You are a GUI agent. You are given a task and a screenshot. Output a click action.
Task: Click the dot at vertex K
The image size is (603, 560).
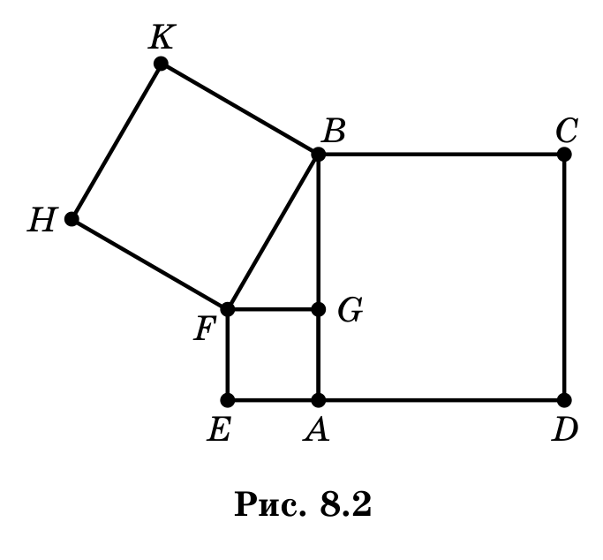pyautogui.click(x=161, y=63)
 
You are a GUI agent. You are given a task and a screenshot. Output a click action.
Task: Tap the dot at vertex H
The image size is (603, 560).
pyautogui.click(x=72, y=219)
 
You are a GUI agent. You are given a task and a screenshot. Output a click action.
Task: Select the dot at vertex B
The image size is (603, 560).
pyautogui.click(x=318, y=155)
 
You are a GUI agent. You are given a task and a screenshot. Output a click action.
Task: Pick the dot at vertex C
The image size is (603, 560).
pyautogui.click(x=564, y=155)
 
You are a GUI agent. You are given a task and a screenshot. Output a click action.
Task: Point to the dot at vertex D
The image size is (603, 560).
pyautogui.click(x=564, y=400)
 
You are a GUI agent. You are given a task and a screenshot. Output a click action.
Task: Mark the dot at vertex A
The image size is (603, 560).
pyautogui.click(x=318, y=400)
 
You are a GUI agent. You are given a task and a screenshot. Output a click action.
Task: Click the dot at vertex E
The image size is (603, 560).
pyautogui.click(x=228, y=400)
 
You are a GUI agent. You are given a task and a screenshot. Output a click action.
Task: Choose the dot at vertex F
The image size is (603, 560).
pyautogui.click(x=228, y=309)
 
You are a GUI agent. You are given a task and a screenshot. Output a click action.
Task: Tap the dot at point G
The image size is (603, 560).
pyautogui.click(x=318, y=309)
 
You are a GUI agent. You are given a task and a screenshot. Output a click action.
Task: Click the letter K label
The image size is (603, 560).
pyautogui.click(x=162, y=36)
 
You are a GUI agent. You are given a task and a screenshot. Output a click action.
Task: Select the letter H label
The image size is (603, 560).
pyautogui.click(x=42, y=220)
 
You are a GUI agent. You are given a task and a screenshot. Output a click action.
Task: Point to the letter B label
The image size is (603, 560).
pyautogui.click(x=335, y=131)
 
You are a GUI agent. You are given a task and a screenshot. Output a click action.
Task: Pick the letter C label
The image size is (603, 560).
pyautogui.click(x=567, y=131)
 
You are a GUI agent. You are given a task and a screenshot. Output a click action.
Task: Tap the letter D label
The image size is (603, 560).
pyautogui.click(x=564, y=429)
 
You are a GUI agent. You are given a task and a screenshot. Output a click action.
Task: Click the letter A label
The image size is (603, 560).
pyautogui.click(x=316, y=429)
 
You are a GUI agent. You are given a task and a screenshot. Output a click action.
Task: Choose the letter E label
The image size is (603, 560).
pyautogui.click(x=219, y=429)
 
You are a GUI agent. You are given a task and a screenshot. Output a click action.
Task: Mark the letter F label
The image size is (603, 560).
pyautogui.click(x=203, y=329)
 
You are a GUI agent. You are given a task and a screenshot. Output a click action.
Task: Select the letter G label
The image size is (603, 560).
pyautogui.click(x=350, y=310)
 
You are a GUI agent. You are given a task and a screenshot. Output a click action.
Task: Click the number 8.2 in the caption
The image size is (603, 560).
pyautogui.click(x=346, y=503)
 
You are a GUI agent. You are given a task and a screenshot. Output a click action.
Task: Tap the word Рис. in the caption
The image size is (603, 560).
pyautogui.click(x=270, y=503)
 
